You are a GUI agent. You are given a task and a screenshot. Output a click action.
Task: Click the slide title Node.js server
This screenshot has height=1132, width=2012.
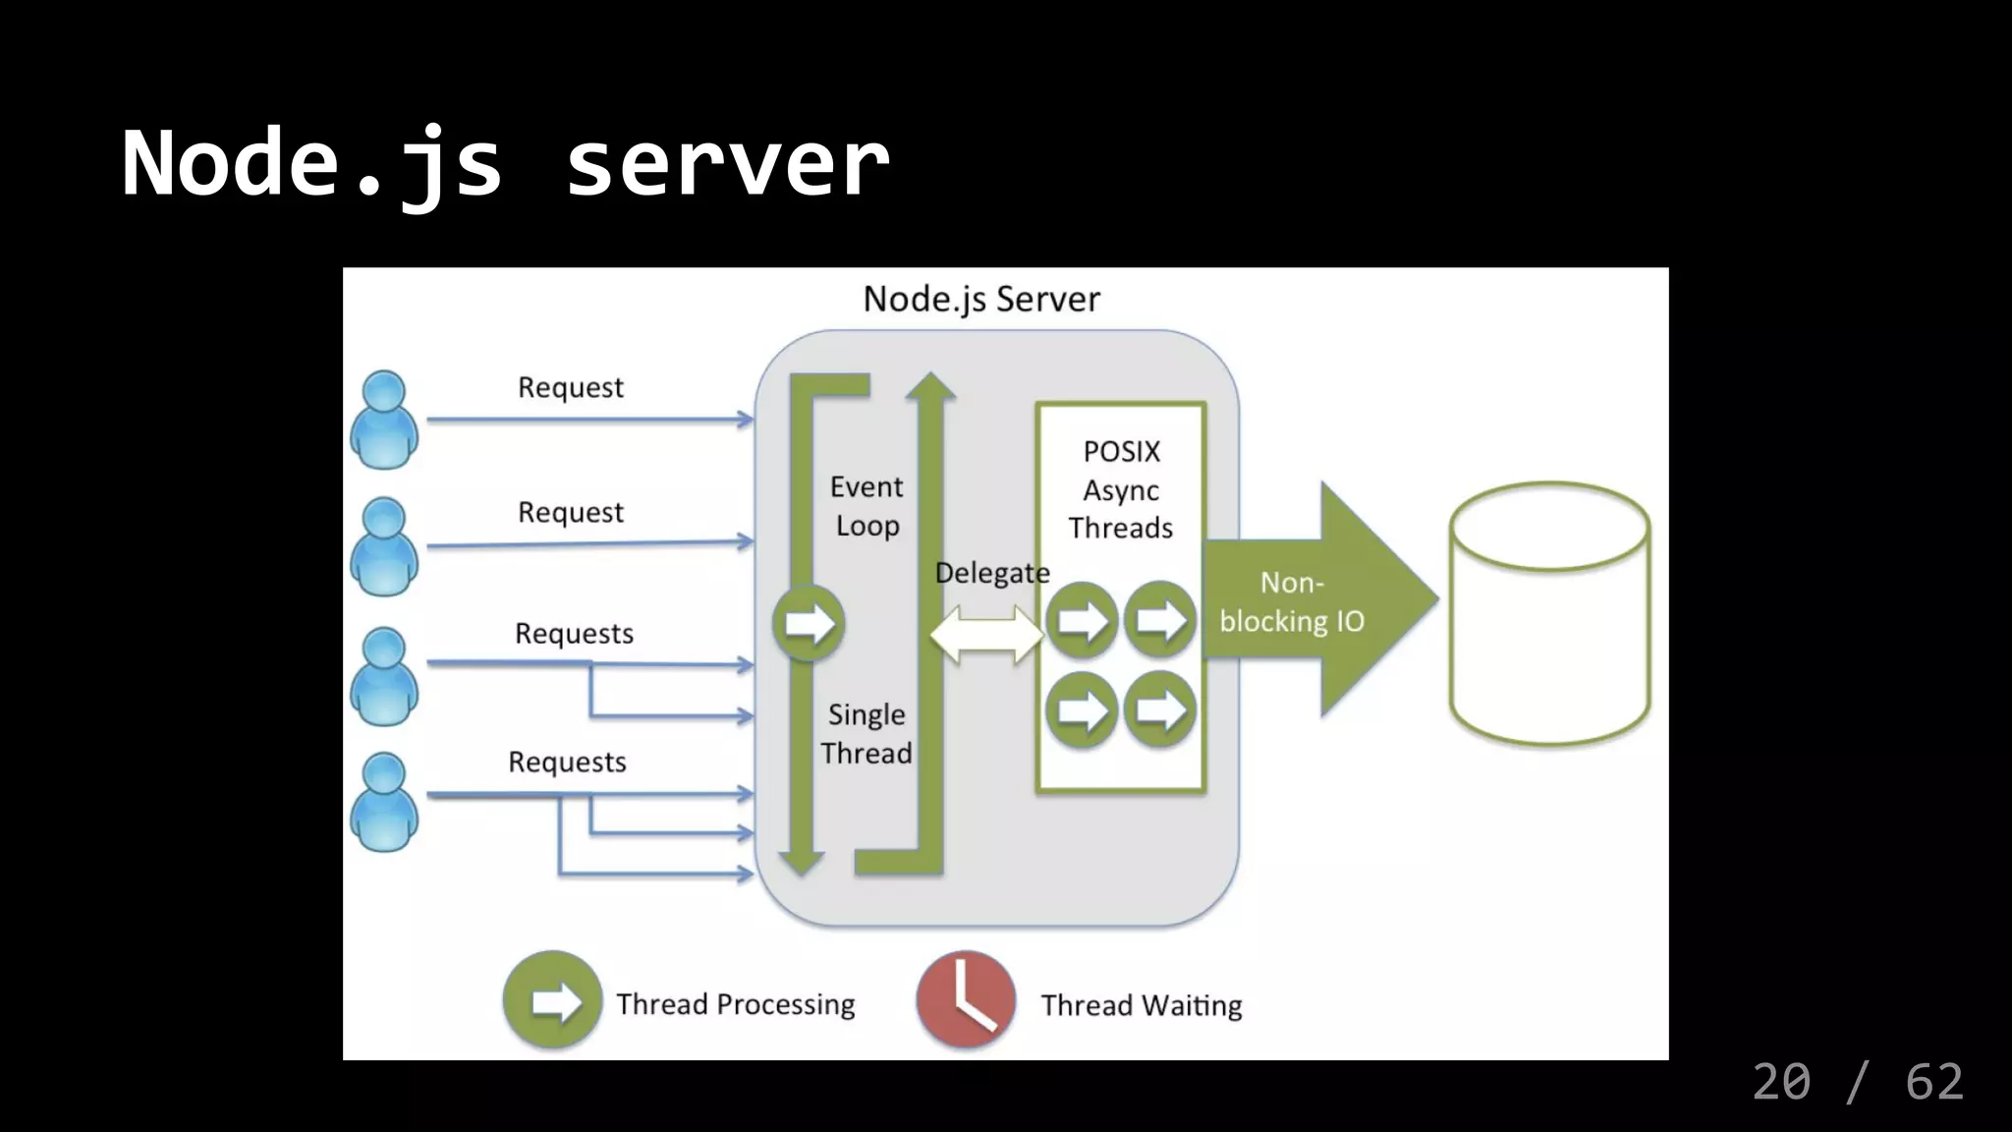(x=505, y=163)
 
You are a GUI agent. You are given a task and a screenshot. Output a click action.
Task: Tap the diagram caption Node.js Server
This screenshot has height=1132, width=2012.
(x=980, y=299)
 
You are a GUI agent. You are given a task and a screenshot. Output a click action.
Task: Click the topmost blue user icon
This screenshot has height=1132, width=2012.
(x=384, y=420)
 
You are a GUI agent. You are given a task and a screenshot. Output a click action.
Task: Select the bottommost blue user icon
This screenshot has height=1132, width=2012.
(x=384, y=802)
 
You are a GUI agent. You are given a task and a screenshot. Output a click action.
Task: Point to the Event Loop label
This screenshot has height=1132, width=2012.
(x=866, y=506)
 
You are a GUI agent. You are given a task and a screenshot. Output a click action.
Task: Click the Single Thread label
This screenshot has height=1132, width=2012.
(x=866, y=733)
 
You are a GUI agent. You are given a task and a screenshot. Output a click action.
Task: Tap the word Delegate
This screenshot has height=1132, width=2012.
(x=991, y=573)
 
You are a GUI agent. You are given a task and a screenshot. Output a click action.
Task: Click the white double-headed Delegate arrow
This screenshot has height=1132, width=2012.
(x=986, y=634)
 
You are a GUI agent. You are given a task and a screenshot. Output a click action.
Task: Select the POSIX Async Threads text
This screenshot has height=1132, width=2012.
(x=1121, y=489)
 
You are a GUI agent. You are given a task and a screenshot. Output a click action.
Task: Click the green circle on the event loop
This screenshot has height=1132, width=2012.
(x=809, y=623)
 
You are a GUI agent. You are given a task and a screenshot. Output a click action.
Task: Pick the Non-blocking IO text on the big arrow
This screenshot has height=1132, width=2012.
(x=1292, y=601)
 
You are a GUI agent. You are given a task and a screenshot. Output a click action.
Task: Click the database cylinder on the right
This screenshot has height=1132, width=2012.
(x=1549, y=613)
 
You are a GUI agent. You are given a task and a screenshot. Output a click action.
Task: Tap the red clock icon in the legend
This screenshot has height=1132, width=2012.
(x=966, y=1000)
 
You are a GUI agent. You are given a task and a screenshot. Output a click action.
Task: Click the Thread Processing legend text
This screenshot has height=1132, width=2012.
(x=735, y=1004)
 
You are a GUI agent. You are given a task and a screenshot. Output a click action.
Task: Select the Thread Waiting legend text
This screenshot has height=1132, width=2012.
(x=1142, y=1005)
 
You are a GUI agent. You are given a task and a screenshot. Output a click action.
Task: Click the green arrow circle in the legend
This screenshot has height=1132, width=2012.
(x=552, y=1000)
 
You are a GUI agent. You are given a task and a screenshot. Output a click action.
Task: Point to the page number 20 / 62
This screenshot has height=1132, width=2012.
(x=1857, y=1082)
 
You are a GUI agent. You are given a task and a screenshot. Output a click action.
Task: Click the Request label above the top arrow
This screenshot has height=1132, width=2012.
(x=570, y=387)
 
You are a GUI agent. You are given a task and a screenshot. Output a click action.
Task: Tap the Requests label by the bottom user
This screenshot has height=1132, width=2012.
(x=567, y=762)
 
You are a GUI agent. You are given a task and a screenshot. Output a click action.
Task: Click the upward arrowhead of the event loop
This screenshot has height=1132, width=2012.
(x=929, y=386)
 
